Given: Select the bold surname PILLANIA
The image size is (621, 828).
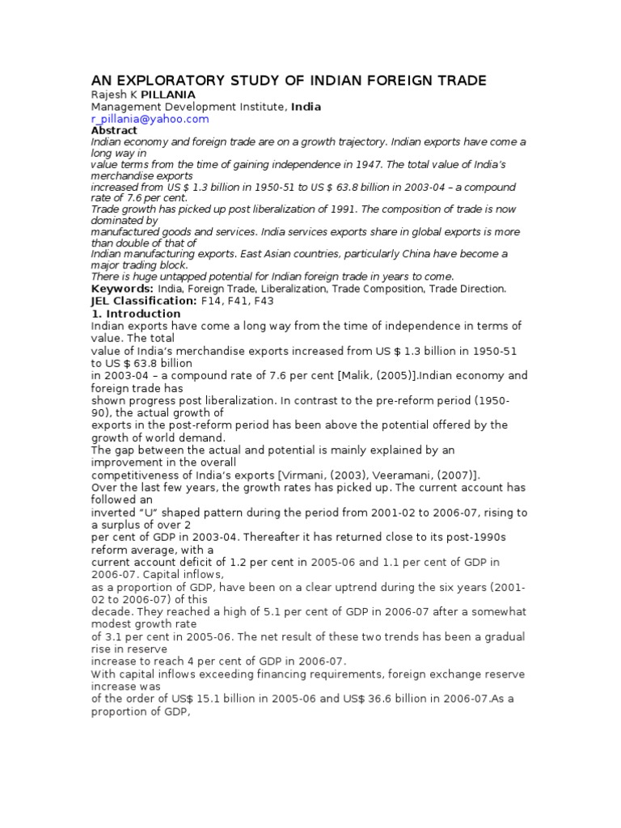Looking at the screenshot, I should (167, 94).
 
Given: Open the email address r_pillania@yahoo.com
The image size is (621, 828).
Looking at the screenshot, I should (150, 118).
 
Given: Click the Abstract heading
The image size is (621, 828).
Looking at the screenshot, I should (114, 129).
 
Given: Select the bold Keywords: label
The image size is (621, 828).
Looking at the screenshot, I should (121, 288).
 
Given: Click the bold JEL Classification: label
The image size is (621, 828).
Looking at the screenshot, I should (143, 300).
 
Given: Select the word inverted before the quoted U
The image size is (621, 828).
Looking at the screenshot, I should (116, 513).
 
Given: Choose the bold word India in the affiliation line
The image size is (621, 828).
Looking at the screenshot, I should (306, 106).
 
